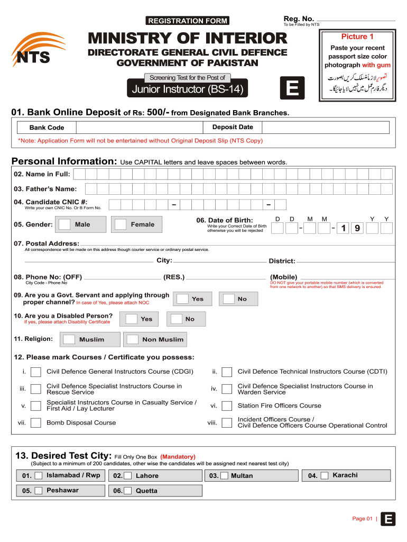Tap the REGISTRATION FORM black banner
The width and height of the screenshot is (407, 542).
click(187, 21)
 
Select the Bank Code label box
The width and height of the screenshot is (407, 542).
click(47, 128)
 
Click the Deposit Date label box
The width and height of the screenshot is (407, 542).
click(233, 127)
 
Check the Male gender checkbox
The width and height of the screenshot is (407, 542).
click(65, 224)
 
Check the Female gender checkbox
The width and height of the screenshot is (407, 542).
click(121, 224)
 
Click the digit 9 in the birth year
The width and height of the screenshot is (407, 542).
click(357, 228)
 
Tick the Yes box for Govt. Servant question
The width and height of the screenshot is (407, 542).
click(182, 299)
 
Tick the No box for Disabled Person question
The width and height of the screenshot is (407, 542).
click(174, 319)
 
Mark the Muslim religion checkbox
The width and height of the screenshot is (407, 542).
click(69, 339)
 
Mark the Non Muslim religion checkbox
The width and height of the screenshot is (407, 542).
click(133, 339)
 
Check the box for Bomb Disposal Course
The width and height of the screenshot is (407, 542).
click(36, 422)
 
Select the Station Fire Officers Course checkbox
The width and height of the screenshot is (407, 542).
click(227, 406)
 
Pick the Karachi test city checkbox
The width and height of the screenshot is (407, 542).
click(325, 475)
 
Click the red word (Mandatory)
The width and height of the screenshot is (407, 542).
click(178, 456)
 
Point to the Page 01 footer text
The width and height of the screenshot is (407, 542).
click(363, 519)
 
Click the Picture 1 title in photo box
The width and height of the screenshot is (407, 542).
click(357, 37)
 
